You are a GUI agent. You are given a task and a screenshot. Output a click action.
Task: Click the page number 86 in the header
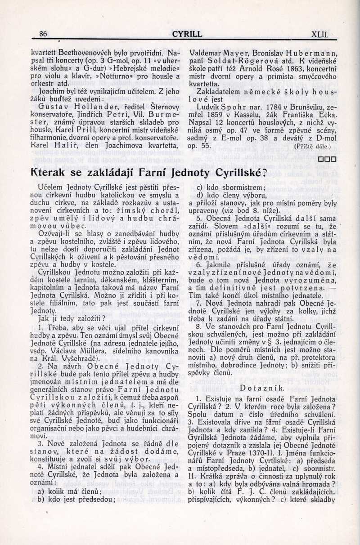click(43, 34)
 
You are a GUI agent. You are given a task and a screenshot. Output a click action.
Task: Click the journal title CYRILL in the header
click(187, 34)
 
